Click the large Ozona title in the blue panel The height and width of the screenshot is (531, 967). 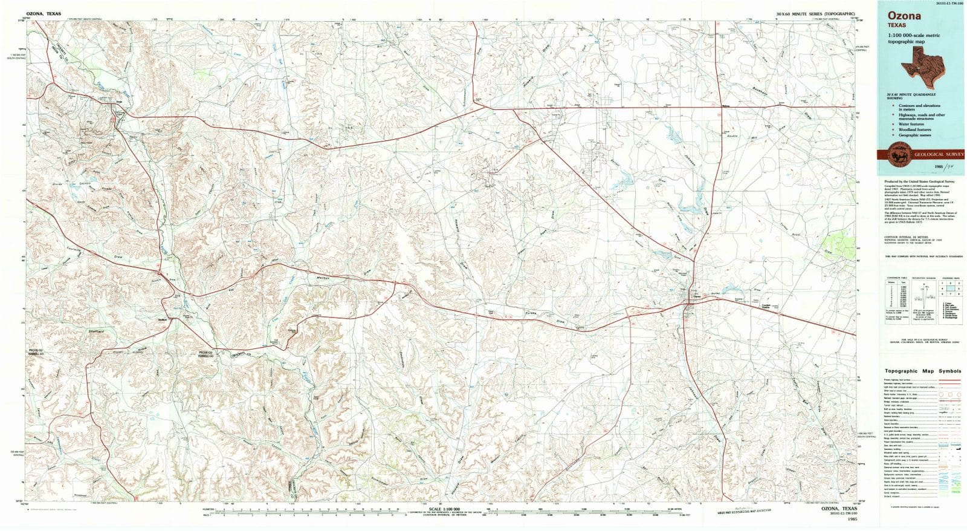point(904,16)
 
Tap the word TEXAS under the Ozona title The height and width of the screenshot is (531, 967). point(897,26)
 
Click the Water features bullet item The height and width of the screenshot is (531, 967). point(912,124)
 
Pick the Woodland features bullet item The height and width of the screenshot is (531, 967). point(914,129)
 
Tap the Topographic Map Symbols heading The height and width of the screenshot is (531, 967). point(922,371)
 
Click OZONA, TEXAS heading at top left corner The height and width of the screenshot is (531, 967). point(43,13)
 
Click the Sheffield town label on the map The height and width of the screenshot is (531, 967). point(162,319)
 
